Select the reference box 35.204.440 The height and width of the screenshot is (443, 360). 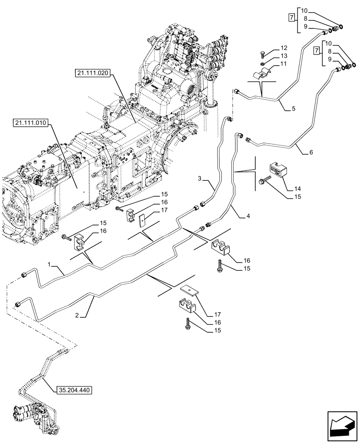click(x=74, y=391)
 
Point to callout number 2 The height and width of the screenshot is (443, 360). click(x=77, y=315)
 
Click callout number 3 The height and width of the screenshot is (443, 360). click(x=200, y=179)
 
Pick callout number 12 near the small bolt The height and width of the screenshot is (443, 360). click(x=284, y=48)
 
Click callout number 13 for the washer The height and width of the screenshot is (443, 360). click(x=284, y=56)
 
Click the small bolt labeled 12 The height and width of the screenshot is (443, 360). click(x=262, y=55)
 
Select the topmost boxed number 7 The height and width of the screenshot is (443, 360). click(x=291, y=18)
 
